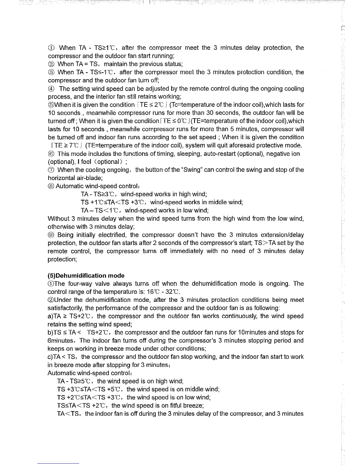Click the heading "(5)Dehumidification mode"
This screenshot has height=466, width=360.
click(86, 276)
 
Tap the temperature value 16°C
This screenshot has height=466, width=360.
click(155, 292)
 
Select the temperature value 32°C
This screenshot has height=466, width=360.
click(178, 292)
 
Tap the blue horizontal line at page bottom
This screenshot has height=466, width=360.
click(58, 463)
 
